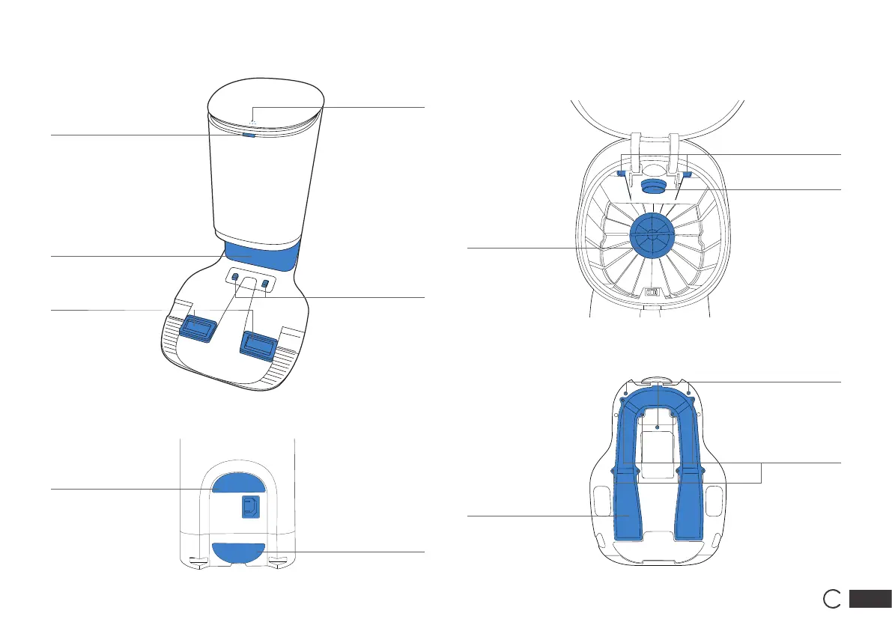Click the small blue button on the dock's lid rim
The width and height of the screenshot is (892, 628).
point(249,136)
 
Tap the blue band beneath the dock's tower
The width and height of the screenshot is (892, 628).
point(262,254)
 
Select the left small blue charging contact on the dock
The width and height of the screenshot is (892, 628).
point(235,278)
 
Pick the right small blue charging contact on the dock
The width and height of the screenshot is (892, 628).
point(264,283)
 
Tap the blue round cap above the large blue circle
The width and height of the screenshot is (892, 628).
point(652,186)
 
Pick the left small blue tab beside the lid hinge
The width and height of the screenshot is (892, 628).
point(622,174)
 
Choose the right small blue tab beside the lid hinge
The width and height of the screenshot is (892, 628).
point(687,174)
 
